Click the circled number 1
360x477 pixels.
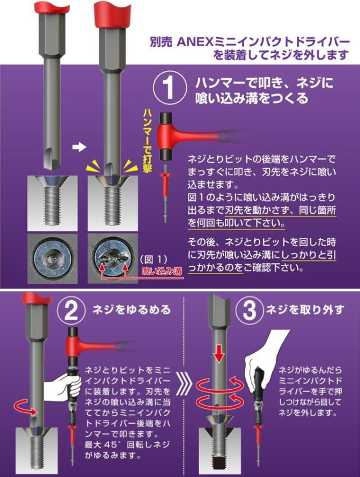click(169, 88)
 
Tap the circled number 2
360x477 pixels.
click(71, 311)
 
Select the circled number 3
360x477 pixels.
click(250, 311)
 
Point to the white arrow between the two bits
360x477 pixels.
click(79, 147)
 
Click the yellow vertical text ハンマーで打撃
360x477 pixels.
click(147, 141)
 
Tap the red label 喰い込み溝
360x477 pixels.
click(162, 271)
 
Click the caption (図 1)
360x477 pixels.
click(154, 259)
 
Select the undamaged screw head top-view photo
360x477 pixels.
click(52, 258)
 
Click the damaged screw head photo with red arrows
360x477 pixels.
click(112, 258)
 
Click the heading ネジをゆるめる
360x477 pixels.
click(132, 310)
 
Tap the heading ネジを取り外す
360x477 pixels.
click(305, 310)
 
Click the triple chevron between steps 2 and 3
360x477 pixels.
click(184, 386)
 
